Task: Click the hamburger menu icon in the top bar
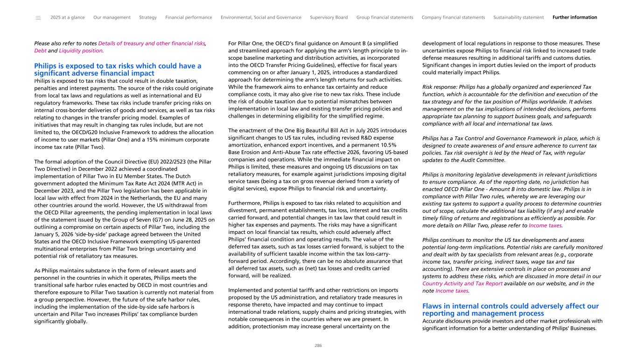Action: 38,18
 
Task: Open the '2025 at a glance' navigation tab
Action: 68,18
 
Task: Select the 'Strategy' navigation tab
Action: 148,18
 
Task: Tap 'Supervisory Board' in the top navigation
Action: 329,18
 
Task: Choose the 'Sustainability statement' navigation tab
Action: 518,18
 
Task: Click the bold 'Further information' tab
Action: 574,18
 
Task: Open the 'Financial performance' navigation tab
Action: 189,18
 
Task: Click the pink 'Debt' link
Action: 40,50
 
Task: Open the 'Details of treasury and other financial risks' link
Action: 151,43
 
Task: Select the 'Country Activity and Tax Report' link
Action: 462,283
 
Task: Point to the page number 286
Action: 318,346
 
